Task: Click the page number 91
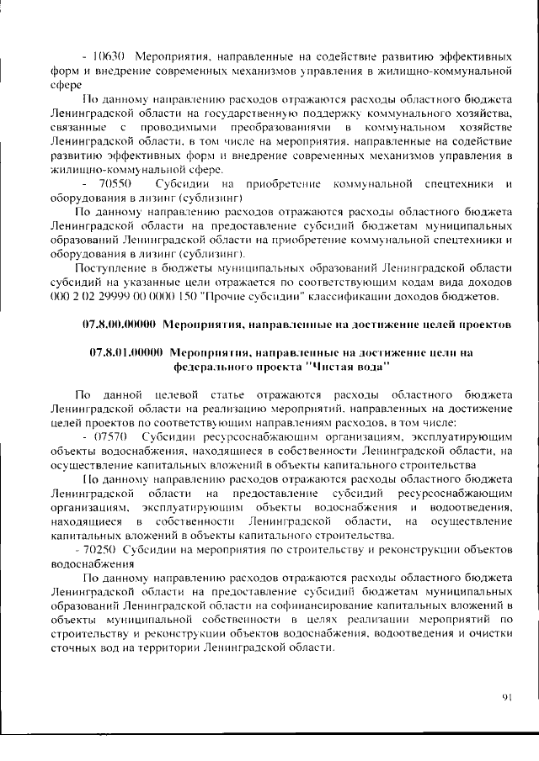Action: pyautogui.click(x=506, y=697)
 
